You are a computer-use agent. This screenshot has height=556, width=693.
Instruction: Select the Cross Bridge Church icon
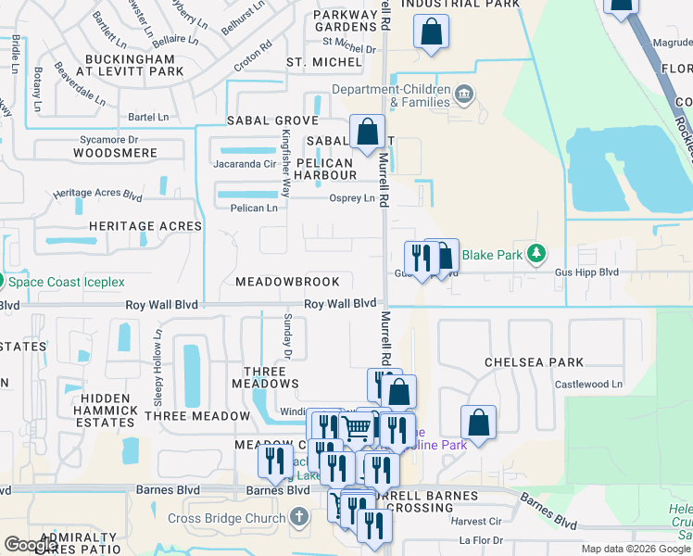(298, 516)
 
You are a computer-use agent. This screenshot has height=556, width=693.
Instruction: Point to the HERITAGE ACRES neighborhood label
(145, 226)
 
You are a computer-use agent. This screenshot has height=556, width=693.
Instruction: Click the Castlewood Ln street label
(594, 384)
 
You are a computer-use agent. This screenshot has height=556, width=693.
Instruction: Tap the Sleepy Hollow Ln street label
(158, 357)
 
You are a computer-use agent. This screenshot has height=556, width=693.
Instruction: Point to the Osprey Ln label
(351, 198)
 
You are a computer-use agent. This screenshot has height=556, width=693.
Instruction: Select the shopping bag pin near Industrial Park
(431, 33)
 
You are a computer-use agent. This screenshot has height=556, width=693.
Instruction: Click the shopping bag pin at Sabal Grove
(367, 133)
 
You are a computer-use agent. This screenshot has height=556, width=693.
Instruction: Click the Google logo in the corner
(31, 544)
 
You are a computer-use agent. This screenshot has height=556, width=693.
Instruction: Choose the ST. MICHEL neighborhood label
(323, 62)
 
